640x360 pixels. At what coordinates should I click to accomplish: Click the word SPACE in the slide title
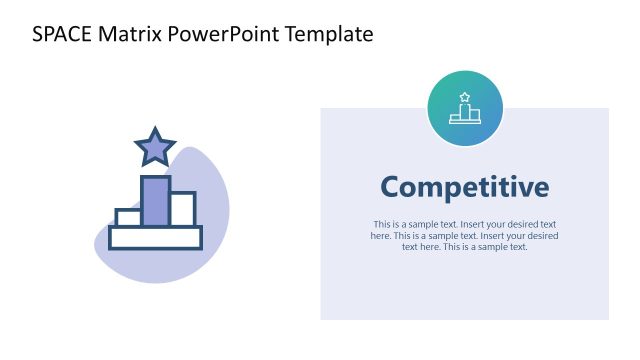click(62, 34)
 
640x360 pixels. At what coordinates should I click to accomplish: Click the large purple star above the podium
click(155, 147)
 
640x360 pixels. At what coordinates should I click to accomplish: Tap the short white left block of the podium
click(127, 218)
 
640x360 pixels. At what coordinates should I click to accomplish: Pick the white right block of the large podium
click(182, 209)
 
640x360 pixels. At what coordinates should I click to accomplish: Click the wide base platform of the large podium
click(155, 237)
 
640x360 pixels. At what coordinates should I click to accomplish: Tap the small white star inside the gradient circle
click(465, 97)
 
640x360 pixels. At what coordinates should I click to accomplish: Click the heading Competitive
click(465, 187)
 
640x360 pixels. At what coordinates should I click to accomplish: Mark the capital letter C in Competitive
click(393, 187)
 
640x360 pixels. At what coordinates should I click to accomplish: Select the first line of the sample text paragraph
click(465, 224)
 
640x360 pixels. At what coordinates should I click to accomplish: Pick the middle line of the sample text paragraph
click(465, 236)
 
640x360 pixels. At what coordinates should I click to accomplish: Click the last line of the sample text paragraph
click(465, 247)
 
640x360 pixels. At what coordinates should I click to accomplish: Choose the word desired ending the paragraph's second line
click(541, 236)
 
